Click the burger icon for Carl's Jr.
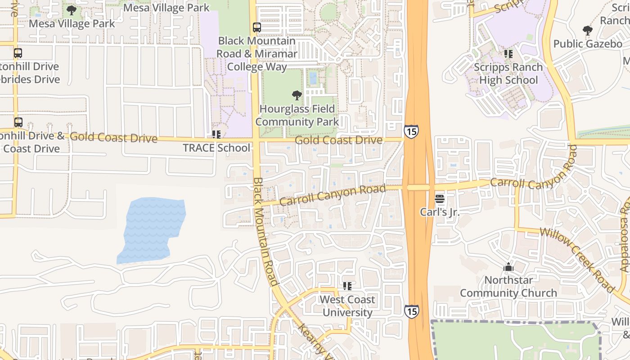[x=440, y=199]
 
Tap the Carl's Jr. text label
[x=440, y=211]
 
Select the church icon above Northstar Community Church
[x=508, y=267]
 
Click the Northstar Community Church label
[x=508, y=287]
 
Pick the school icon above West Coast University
[x=347, y=286]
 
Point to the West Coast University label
[x=347, y=306]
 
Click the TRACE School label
[x=216, y=148]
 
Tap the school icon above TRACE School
[x=216, y=135]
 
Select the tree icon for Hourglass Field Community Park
[x=297, y=95]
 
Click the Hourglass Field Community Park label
[x=297, y=115]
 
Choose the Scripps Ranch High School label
[x=508, y=73]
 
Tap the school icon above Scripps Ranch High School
[x=508, y=54]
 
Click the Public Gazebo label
[x=588, y=44]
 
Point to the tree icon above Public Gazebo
[x=587, y=31]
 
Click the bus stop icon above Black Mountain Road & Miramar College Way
[x=257, y=27]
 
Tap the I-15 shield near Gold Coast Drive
[x=411, y=131]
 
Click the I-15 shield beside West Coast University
[x=411, y=311]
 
